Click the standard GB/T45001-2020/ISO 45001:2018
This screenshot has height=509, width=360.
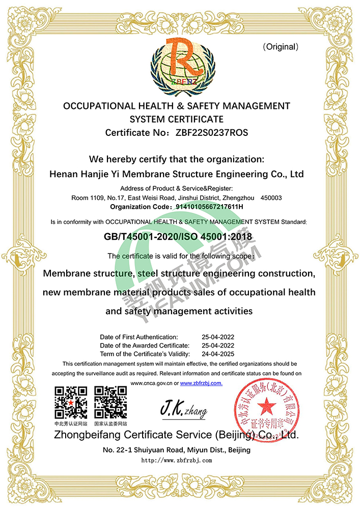point(178,237)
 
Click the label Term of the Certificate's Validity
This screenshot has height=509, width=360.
point(145,353)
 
